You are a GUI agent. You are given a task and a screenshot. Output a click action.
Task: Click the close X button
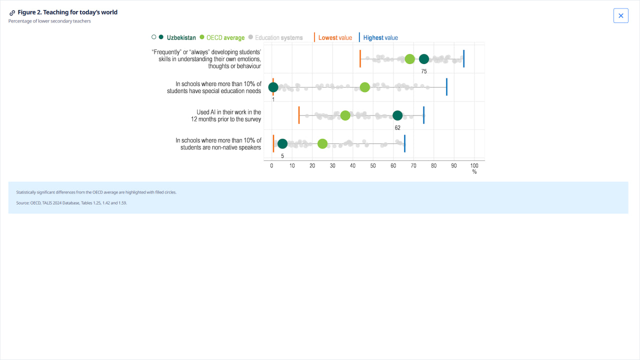(x=620, y=15)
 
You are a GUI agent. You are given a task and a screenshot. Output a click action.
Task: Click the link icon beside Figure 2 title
(x=12, y=13)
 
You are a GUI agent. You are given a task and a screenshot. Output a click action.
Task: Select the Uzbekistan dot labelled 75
(x=424, y=59)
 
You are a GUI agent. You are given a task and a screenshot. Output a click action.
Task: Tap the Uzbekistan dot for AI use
(x=397, y=115)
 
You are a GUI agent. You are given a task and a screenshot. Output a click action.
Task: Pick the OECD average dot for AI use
(x=345, y=115)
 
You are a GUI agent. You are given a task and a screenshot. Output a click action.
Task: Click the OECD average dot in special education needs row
(x=365, y=87)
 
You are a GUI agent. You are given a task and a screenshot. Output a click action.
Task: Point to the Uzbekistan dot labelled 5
(x=282, y=144)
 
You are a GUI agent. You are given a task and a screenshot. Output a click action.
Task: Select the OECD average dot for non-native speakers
(x=322, y=144)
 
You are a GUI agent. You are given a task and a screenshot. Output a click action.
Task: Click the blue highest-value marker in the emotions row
(x=463, y=59)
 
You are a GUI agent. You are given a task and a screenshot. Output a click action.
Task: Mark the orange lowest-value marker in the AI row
(x=299, y=115)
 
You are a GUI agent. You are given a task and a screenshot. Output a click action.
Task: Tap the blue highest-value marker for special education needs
(x=446, y=87)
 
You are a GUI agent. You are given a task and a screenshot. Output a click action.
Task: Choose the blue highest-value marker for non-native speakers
(x=404, y=144)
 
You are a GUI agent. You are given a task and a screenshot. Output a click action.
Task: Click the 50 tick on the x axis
(x=373, y=165)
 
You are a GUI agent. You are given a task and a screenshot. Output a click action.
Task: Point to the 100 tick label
(x=474, y=165)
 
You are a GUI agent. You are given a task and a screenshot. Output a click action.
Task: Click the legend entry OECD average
(x=225, y=37)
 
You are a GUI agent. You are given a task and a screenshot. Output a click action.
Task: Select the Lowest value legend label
(x=335, y=37)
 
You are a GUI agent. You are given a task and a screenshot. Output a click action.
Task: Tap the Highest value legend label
(x=380, y=37)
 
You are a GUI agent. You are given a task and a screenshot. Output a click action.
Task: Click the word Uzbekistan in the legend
(x=181, y=37)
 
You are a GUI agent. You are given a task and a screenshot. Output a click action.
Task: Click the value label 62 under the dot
(x=397, y=127)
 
